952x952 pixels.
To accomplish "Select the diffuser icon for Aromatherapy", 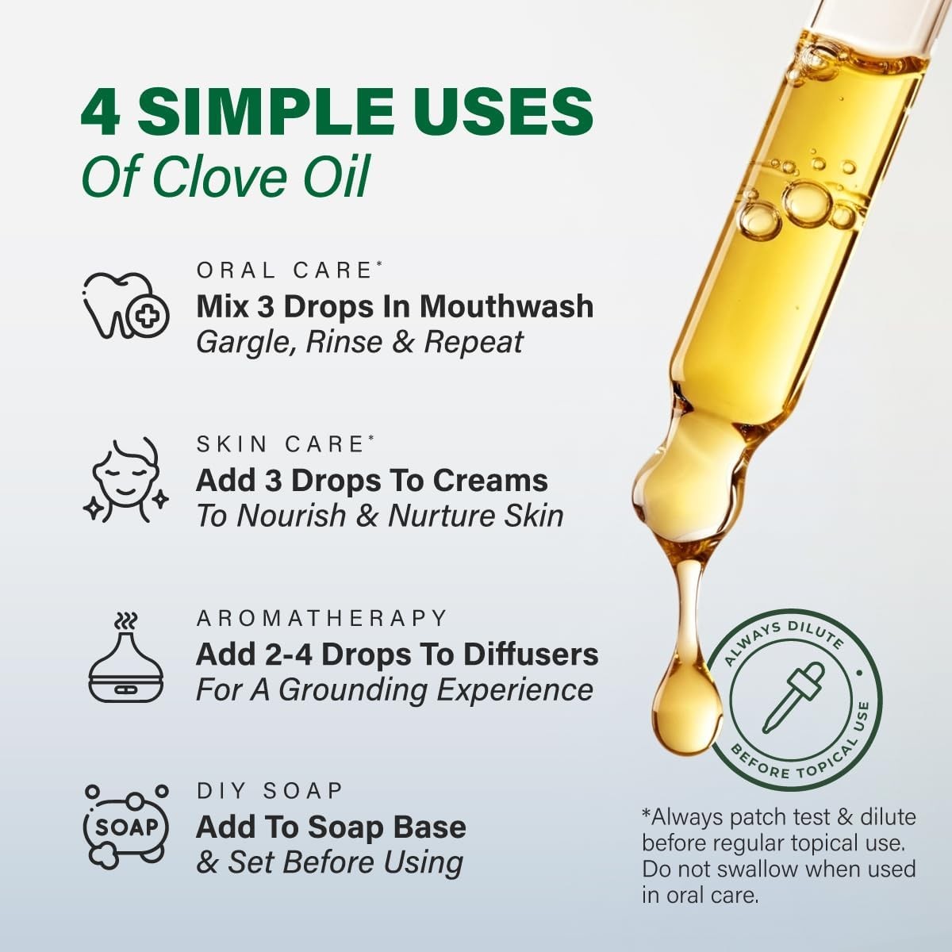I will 125,658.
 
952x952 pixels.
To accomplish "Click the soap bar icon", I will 126,827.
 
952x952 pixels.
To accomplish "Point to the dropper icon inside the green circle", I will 793,697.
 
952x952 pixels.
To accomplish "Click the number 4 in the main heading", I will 101,113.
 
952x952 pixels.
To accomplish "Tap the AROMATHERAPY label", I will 322,618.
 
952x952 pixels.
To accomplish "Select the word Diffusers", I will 531,654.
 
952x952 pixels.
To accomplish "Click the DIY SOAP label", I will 270,791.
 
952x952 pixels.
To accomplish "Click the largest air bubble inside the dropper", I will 808,202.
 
